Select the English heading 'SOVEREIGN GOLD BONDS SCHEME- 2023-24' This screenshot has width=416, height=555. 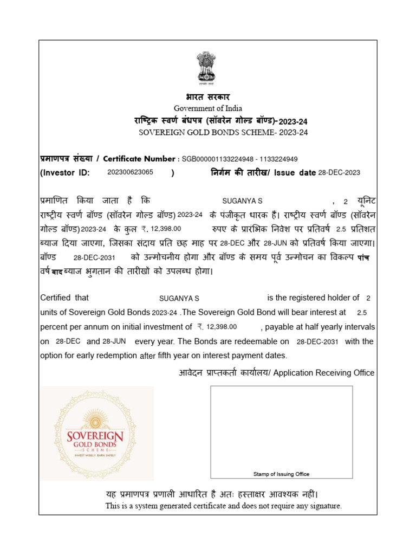[223, 132]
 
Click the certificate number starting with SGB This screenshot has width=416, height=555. [239, 159]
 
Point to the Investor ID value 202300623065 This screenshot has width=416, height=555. [131, 172]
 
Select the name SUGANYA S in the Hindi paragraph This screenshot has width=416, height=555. [242, 201]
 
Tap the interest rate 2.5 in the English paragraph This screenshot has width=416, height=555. [362, 313]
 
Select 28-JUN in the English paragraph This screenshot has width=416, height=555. [114, 341]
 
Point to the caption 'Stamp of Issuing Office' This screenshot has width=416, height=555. [281, 474]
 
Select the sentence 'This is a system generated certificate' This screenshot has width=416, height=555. [223, 506]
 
